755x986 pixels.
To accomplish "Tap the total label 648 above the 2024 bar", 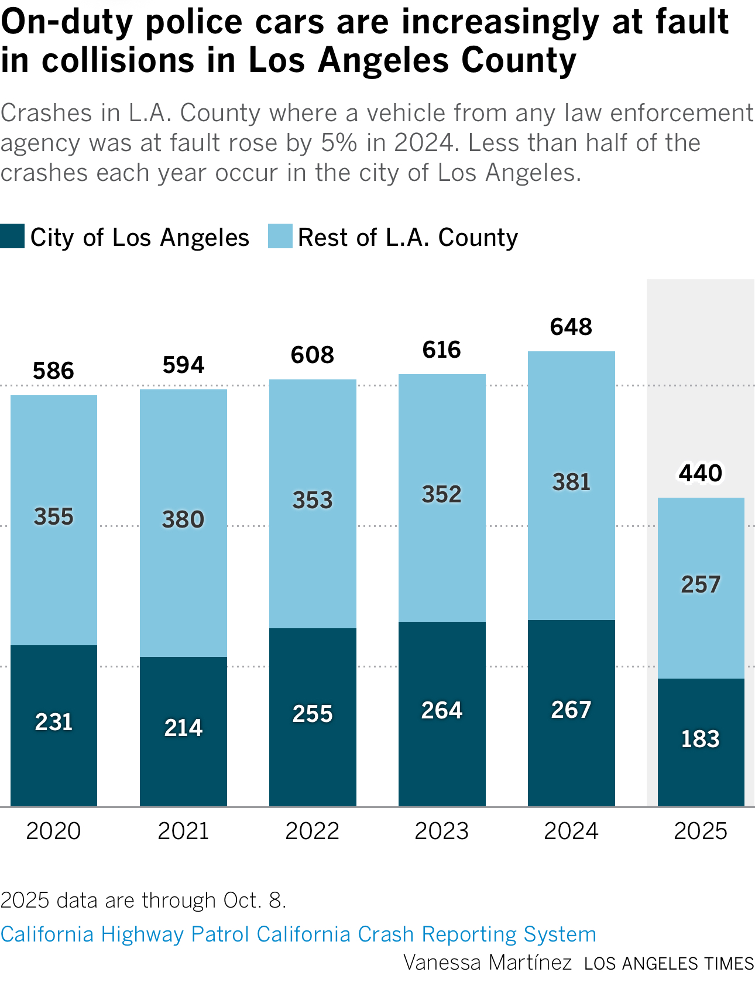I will [x=571, y=327].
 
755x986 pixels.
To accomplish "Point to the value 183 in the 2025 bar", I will [x=701, y=739].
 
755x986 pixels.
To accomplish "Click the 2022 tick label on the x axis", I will [x=313, y=831].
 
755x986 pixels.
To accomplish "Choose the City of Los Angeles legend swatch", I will [x=12, y=237].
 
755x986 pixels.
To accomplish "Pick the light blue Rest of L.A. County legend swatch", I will [x=280, y=237].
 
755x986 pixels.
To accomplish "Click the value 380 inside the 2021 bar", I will [x=183, y=519].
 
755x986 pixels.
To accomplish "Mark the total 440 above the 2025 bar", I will [x=701, y=473].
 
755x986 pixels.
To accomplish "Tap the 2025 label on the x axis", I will [x=701, y=831].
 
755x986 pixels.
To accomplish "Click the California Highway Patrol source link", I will [x=298, y=934].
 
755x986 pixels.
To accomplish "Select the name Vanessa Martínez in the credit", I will [x=488, y=962].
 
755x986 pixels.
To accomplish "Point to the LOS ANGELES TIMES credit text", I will [x=669, y=963].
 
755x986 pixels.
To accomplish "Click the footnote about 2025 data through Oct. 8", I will [x=143, y=900].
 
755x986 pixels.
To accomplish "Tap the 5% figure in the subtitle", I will [x=339, y=143].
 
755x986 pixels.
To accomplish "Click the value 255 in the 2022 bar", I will [x=313, y=714].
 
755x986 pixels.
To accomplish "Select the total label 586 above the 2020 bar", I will [x=54, y=371].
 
